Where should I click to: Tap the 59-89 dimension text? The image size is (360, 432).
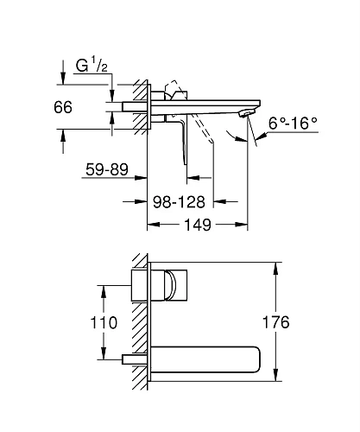click(x=106, y=171)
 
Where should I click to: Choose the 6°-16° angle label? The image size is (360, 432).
click(x=291, y=124)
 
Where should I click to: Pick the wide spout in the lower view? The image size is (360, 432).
click(x=207, y=357)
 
